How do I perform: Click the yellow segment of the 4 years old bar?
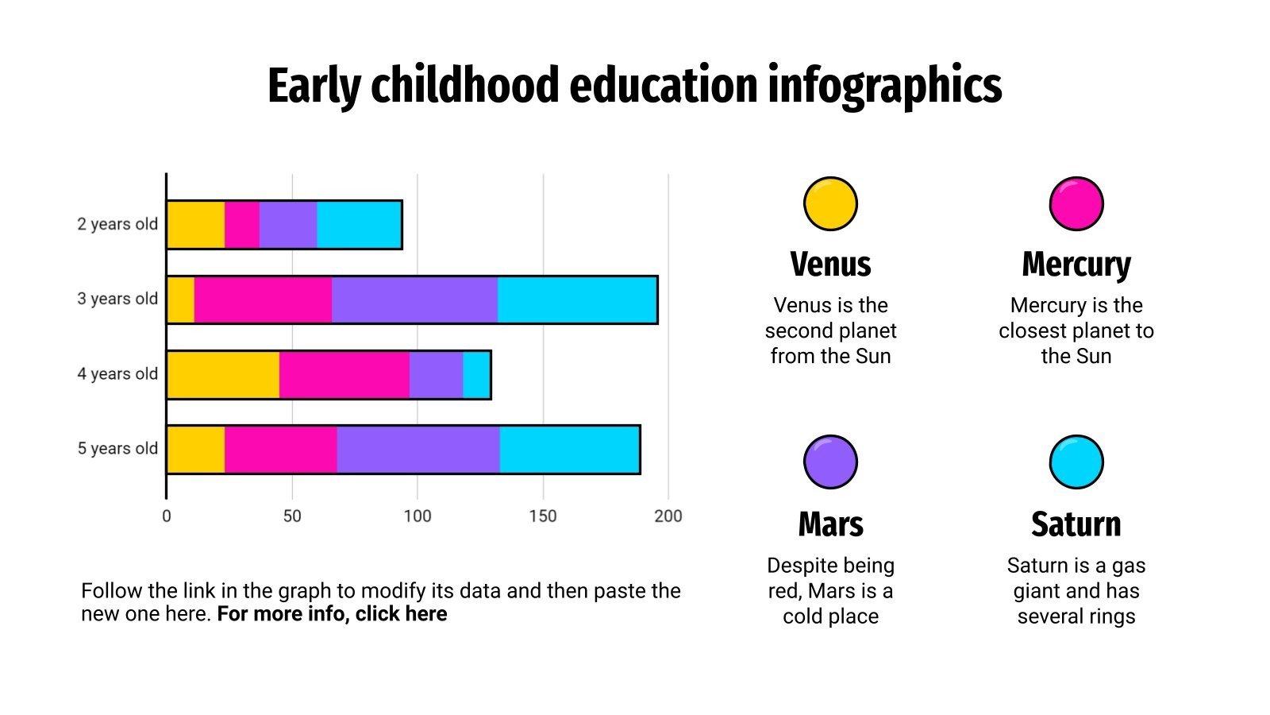(x=223, y=375)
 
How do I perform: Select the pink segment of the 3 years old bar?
(x=263, y=300)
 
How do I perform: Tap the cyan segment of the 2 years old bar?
(x=359, y=225)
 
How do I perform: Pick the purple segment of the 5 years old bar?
(x=418, y=450)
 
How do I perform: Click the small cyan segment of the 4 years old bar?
(x=476, y=375)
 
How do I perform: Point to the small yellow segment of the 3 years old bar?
(x=181, y=300)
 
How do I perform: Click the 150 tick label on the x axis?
(x=543, y=516)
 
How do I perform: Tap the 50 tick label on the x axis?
(x=292, y=516)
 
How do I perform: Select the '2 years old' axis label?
(x=117, y=224)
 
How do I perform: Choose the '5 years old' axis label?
(x=117, y=448)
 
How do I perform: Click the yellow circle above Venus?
(x=830, y=203)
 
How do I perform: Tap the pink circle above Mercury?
(x=1076, y=203)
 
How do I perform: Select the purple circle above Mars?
(x=830, y=462)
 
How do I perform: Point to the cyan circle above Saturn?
(x=1076, y=462)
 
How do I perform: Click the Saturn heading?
(x=1076, y=524)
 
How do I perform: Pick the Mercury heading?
(x=1076, y=265)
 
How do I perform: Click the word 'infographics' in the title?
(x=884, y=86)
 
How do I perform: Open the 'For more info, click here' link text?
(x=332, y=614)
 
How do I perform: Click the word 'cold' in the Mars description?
(x=802, y=616)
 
